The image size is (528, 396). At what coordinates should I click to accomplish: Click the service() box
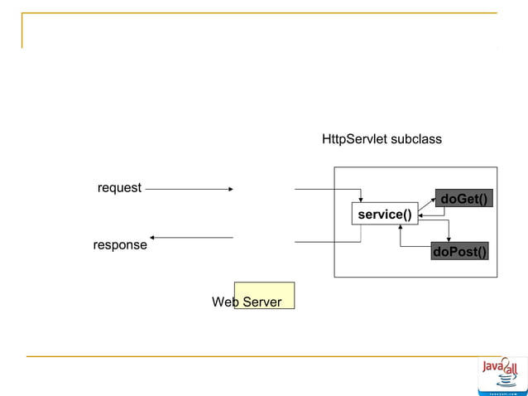(x=384, y=215)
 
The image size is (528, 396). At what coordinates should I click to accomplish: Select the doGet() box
(x=463, y=200)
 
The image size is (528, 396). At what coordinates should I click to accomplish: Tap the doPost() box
(x=459, y=251)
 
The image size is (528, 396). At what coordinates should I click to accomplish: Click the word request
(x=119, y=188)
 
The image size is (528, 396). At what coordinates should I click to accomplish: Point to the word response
(x=120, y=245)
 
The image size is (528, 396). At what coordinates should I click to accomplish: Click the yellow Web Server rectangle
(x=264, y=295)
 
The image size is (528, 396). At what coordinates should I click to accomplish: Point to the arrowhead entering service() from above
(x=361, y=200)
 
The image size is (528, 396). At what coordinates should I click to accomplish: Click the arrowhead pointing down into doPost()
(x=448, y=239)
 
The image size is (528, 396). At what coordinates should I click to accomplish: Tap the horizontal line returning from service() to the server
(x=327, y=242)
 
